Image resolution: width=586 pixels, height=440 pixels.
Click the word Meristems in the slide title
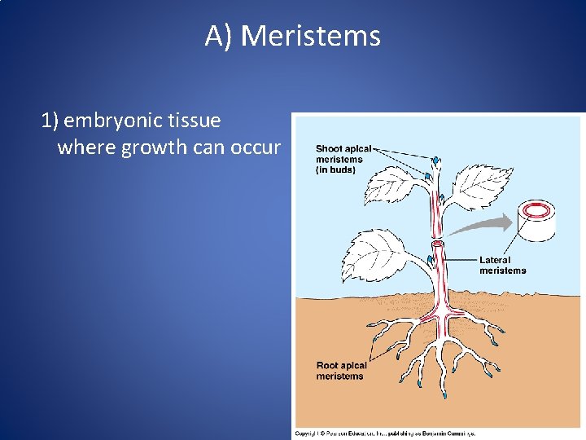pyautogui.click(x=311, y=37)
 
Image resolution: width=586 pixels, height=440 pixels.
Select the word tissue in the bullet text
pyautogui.click(x=192, y=121)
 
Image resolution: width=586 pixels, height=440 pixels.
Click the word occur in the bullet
pyautogui.click(x=256, y=148)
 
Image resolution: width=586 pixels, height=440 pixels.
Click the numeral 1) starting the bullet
pyautogui.click(x=50, y=121)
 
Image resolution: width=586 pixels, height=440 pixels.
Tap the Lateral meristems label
pyautogui.click(x=502, y=265)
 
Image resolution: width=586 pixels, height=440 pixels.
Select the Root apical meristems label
pyautogui.click(x=341, y=371)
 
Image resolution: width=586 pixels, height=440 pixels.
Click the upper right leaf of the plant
pyautogui.click(x=482, y=185)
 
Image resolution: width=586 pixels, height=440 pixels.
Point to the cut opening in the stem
pyautogui.click(x=439, y=242)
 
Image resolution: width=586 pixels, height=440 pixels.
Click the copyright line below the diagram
pyautogui.click(x=385, y=433)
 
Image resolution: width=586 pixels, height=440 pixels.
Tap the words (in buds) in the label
pyautogui.click(x=335, y=169)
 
